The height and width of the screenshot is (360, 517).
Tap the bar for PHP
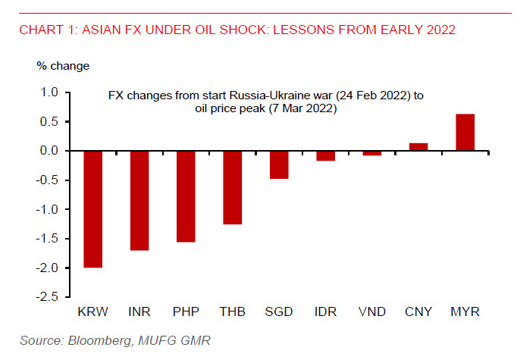[186, 196]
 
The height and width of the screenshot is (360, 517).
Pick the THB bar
[232, 187]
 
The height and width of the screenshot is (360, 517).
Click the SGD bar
[279, 164]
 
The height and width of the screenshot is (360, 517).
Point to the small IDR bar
[325, 155]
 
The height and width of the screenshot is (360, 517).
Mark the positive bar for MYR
[465, 133]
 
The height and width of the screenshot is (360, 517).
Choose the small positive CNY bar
[418, 147]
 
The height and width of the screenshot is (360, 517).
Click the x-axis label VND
[371, 311]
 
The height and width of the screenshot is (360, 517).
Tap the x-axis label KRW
[92, 311]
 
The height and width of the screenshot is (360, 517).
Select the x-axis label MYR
[465, 311]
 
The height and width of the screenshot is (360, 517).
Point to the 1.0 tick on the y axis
[49, 92]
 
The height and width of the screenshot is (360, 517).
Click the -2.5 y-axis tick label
[47, 297]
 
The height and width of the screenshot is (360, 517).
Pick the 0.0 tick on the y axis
[49, 151]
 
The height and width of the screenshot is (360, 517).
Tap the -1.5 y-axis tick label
[47, 239]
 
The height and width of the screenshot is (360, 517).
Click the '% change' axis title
[63, 65]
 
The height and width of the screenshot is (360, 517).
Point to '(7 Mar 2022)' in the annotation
[302, 109]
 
